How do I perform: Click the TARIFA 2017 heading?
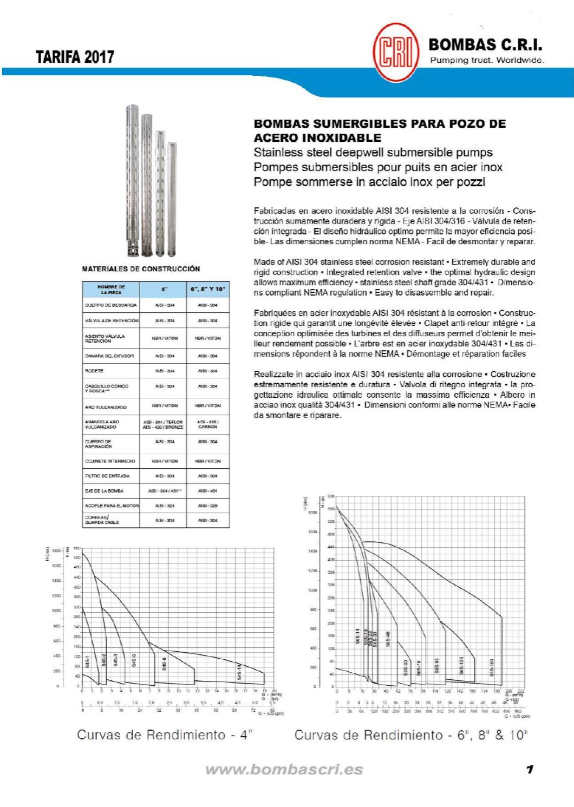tap(75, 57)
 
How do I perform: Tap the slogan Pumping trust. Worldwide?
tap(486, 60)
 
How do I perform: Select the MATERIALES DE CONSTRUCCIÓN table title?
tap(141, 268)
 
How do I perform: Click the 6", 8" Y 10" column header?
tap(208, 289)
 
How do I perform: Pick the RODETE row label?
tap(94, 371)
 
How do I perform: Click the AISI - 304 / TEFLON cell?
tap(163, 424)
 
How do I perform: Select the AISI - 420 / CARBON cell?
tap(208, 424)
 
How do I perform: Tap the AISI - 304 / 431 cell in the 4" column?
tap(163, 491)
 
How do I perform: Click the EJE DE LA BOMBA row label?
tap(104, 491)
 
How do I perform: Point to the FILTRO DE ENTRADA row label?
tap(107, 476)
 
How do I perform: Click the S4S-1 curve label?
tap(87, 662)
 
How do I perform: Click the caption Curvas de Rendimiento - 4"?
tap(165, 735)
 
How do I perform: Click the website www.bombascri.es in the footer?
tap(284, 770)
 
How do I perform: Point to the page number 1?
tap(530, 769)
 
